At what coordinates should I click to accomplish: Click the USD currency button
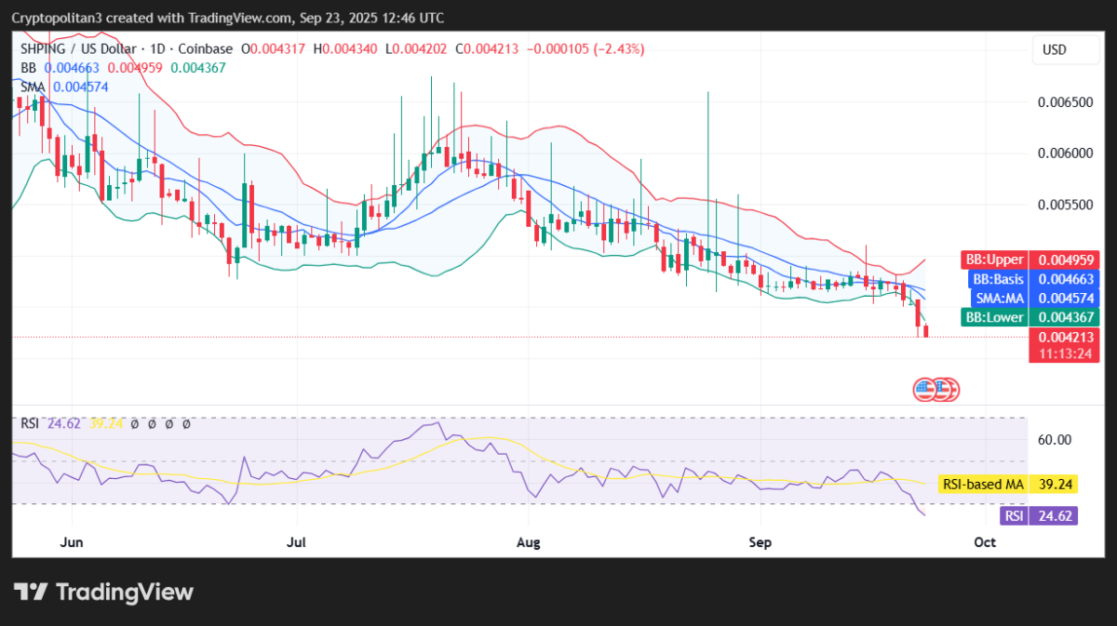pyautogui.click(x=1054, y=49)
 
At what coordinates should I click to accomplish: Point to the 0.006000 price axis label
pyautogui.click(x=1065, y=153)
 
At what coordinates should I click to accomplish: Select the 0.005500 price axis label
pyautogui.click(x=1065, y=204)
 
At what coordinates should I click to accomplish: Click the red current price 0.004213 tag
pyautogui.click(x=1064, y=338)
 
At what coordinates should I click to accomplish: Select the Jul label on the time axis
pyautogui.click(x=297, y=541)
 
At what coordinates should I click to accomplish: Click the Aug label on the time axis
pyautogui.click(x=528, y=541)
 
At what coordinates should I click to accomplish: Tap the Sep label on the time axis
pyautogui.click(x=760, y=541)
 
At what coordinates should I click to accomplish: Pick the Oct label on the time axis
pyautogui.click(x=984, y=541)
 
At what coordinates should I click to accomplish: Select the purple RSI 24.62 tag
pyautogui.click(x=1038, y=515)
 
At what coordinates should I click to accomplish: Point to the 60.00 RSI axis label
pyautogui.click(x=1055, y=439)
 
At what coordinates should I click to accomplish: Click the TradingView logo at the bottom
pyautogui.click(x=103, y=592)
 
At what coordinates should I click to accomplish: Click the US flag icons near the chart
pyautogui.click(x=935, y=389)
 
